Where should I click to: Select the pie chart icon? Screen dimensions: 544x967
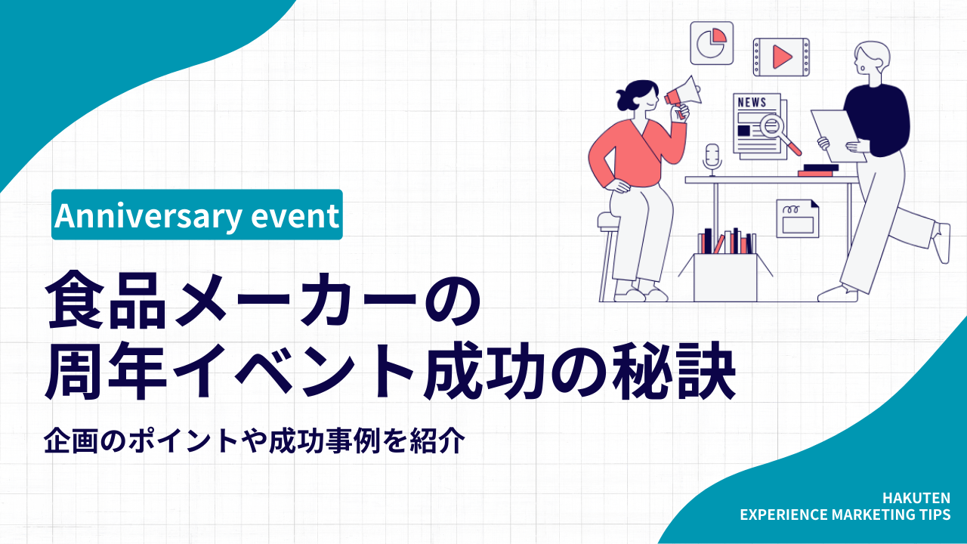point(712,42)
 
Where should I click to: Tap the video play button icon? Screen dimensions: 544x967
point(781,56)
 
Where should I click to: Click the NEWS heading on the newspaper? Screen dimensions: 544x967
point(752,103)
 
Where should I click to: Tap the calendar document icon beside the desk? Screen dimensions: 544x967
point(797,218)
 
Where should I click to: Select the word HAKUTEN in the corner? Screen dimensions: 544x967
point(916,498)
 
